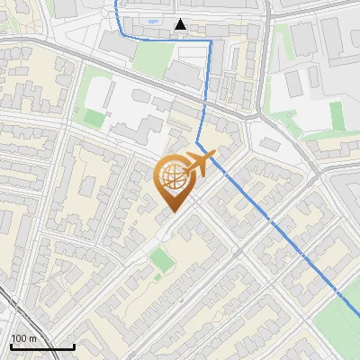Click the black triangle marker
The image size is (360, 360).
(x=181, y=25)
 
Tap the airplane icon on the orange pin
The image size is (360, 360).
(x=200, y=164)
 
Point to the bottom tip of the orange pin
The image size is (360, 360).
(x=172, y=212)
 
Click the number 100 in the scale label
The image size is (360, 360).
(x=17, y=338)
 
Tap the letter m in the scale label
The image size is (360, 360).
(x=31, y=338)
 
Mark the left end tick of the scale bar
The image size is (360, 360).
(x=10, y=346)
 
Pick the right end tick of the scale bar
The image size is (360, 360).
(x=74, y=346)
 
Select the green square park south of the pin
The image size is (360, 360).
(x=161, y=261)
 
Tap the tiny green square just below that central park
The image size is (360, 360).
(x=159, y=280)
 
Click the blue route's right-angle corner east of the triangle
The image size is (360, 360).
(x=211, y=40)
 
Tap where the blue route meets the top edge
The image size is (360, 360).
(x=116, y=2)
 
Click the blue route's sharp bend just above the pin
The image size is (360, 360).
(x=198, y=142)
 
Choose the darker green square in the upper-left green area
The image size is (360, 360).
(x=94, y=116)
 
